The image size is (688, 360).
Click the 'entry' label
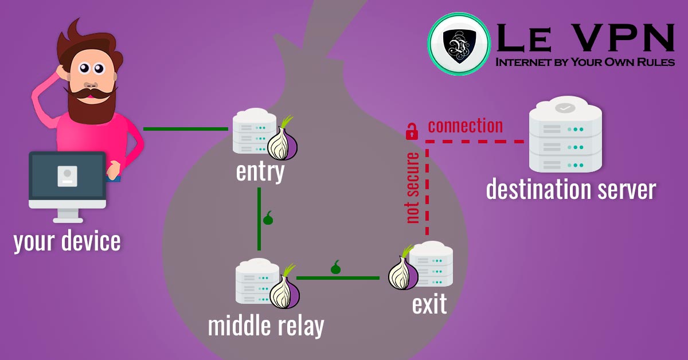pos(260,171)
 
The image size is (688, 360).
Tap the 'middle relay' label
pos(265,326)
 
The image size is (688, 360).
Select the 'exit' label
pos(429,304)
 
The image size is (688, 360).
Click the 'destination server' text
pos(570,189)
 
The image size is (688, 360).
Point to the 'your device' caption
pos(67,241)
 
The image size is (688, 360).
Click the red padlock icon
pos(411,131)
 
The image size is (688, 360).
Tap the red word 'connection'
pos(465,126)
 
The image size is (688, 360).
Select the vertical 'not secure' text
pos(412,187)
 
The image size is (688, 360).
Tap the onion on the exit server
pos(403,271)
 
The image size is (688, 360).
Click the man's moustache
pos(87,91)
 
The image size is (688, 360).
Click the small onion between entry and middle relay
pos(268,218)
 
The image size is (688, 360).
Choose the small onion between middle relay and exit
pos(336,268)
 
